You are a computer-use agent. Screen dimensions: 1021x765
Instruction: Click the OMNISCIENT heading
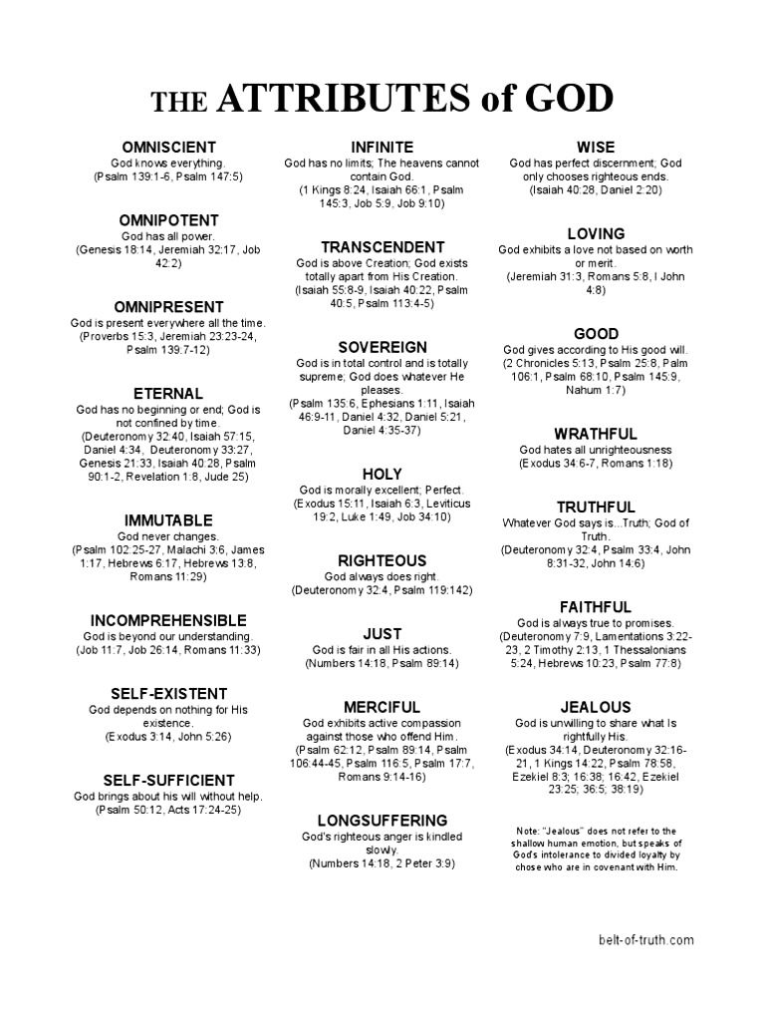point(168,148)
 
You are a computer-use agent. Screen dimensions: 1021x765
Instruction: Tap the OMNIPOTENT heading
point(168,220)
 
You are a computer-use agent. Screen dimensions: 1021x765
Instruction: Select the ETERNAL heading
point(168,394)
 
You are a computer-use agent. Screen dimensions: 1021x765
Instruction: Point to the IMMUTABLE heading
point(168,520)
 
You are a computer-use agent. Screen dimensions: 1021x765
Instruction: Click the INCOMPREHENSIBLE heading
point(168,620)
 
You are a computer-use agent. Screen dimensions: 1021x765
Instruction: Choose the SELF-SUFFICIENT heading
point(168,780)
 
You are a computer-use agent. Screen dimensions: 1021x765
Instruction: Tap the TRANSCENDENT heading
point(382,247)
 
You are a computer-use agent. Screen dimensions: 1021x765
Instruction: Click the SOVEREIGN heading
point(382,347)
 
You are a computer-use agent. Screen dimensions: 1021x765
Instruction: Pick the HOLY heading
point(382,474)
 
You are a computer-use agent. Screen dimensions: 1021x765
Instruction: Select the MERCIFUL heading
point(382,707)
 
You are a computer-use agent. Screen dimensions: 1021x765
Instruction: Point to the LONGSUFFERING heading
point(382,821)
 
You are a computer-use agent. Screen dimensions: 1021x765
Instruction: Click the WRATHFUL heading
point(596,434)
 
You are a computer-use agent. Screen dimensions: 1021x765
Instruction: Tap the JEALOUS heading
point(596,707)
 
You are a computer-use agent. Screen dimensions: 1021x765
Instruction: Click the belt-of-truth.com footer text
point(646,940)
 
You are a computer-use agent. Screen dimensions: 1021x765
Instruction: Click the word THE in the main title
point(178,102)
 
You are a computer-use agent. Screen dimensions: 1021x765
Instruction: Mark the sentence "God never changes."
point(168,536)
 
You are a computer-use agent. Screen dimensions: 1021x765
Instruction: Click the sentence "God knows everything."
point(168,163)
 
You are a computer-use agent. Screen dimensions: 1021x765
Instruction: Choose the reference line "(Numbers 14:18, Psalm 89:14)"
point(382,663)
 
